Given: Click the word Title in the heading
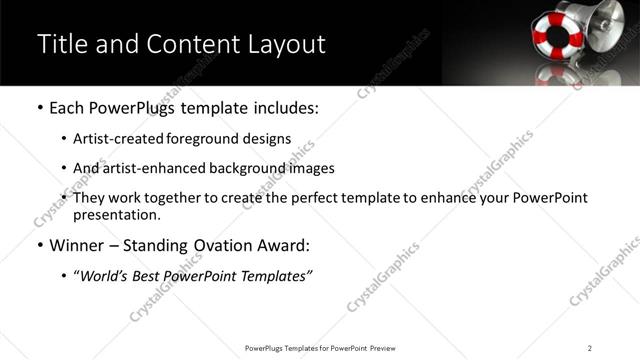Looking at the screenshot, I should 61,44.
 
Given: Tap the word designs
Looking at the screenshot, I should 265,139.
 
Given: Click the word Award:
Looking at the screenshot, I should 281,245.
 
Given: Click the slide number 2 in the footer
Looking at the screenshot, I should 590,348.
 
